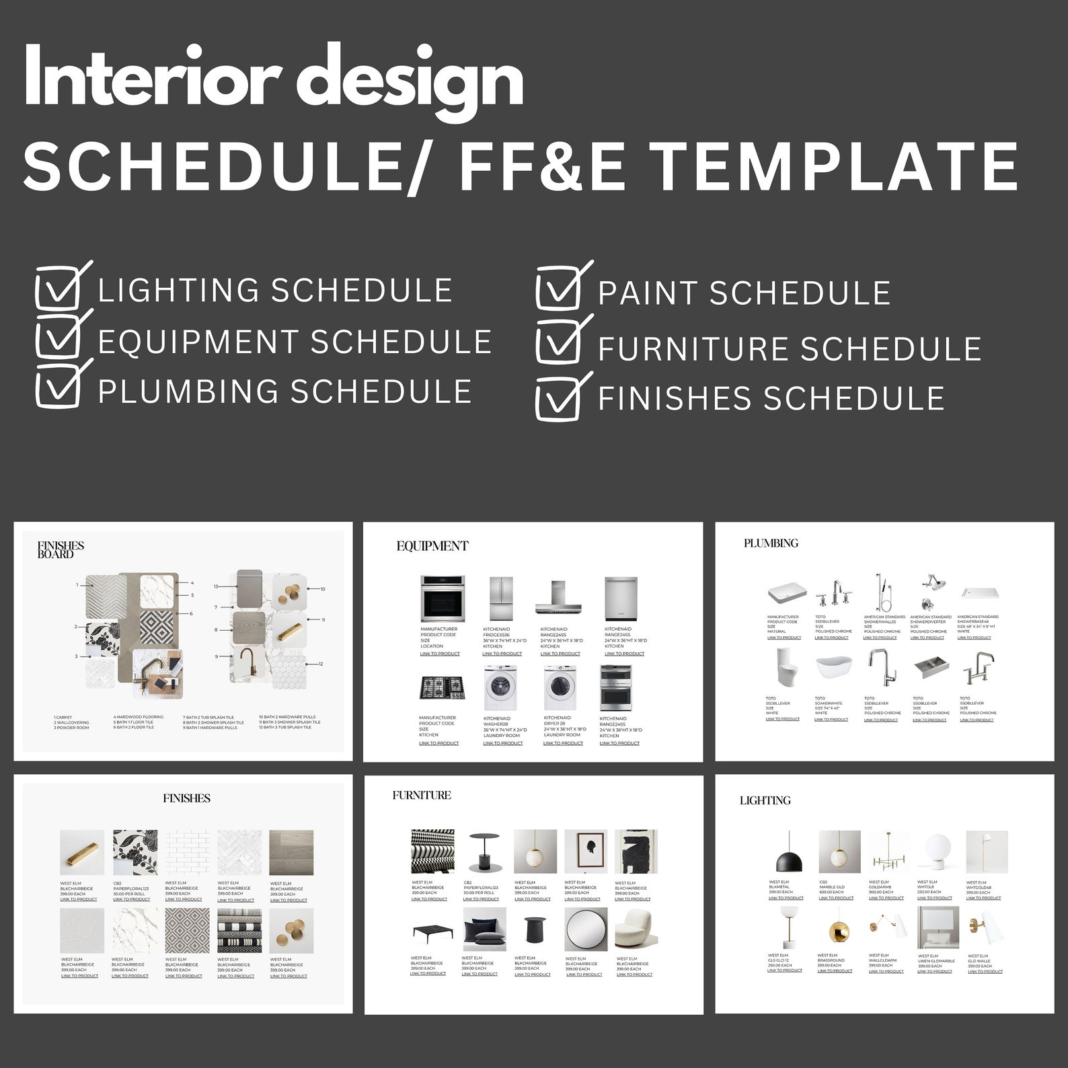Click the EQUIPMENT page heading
[x=432, y=546]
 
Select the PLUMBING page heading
[x=771, y=543]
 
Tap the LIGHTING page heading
[x=765, y=800]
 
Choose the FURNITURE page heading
[x=422, y=795]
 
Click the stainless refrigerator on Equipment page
[x=501, y=598]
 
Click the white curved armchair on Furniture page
[x=634, y=928]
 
